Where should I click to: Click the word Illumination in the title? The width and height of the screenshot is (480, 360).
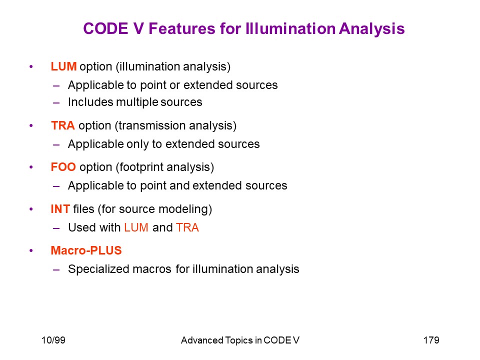click(290, 28)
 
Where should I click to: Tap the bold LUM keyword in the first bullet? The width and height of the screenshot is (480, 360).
click(63, 66)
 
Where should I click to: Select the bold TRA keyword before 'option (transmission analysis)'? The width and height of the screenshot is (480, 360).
click(63, 125)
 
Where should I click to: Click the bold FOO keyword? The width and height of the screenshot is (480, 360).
click(63, 167)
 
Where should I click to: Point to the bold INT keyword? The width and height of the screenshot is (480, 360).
click(60, 209)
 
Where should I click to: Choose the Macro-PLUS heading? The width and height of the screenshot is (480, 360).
click(86, 250)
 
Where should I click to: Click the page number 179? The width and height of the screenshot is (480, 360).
click(431, 340)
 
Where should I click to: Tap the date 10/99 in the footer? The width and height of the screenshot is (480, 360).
click(53, 340)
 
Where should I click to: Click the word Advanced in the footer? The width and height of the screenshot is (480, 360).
click(202, 340)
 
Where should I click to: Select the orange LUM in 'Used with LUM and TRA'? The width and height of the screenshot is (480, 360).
click(136, 227)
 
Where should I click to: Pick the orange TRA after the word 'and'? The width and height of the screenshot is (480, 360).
click(187, 227)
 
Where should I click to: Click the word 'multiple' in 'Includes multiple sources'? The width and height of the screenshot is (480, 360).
click(137, 102)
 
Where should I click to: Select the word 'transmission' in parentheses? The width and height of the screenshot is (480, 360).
click(151, 125)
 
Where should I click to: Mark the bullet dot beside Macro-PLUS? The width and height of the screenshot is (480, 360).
click(31, 250)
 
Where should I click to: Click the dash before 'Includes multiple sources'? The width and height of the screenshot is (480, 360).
click(56, 103)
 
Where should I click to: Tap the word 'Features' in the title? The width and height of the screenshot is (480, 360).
click(182, 28)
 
